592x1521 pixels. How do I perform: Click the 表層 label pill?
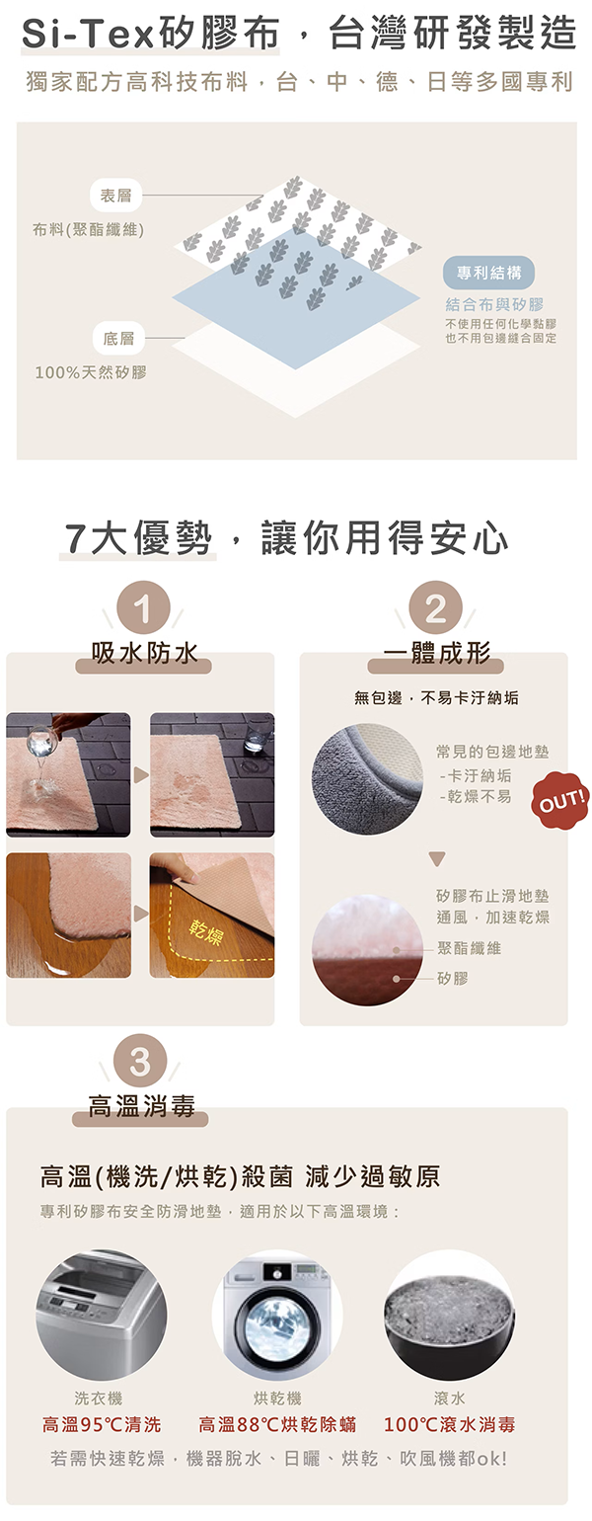pos(116,197)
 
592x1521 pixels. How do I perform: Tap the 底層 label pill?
pos(118,338)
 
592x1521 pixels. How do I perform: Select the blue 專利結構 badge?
pos(489,273)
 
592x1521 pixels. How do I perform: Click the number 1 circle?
pos(143,608)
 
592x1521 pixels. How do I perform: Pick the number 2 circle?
pos(436,608)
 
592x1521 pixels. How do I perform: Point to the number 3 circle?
pos(140,1062)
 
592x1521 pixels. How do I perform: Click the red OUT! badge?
pos(560,801)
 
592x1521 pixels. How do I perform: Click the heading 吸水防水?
pos(144,653)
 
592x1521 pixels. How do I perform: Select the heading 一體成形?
pos(437,653)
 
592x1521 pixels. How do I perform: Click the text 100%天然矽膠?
pos(91,372)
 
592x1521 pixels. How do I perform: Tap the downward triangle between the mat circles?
pos(437,859)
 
